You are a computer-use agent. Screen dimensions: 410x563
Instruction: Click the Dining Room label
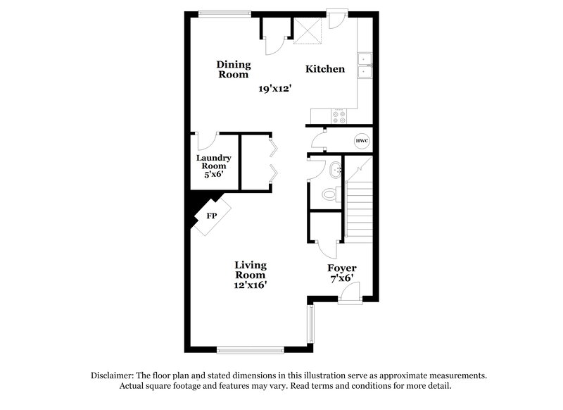[233, 69]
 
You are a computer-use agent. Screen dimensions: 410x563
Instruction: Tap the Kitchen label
[324, 69]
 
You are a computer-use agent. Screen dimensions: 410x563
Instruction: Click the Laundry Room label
[212, 166]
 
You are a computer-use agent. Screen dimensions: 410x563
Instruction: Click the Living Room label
[251, 270]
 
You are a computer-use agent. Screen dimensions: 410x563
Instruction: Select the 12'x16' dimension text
[251, 285]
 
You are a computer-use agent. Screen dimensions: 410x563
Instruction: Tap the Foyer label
[342, 268]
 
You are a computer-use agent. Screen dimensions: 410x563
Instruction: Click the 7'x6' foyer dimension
[342, 280]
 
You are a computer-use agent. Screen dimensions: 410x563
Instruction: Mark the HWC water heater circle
[362, 141]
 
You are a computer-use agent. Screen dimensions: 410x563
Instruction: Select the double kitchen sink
[365, 65]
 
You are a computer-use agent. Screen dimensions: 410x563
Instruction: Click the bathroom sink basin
[334, 169]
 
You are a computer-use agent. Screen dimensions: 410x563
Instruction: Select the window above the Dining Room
[224, 12]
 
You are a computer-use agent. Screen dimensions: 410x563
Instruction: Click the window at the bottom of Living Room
[250, 349]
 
